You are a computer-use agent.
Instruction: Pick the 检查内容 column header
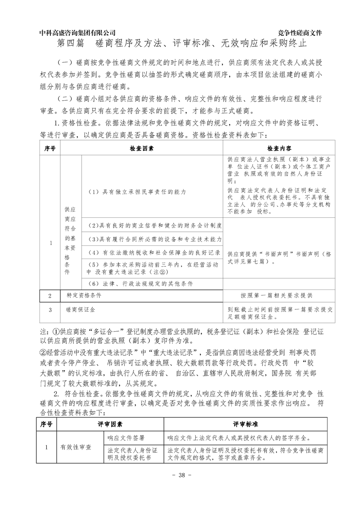(x=279, y=148)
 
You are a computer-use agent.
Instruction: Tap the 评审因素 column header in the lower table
(x=110, y=424)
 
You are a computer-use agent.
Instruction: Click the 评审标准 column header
(x=246, y=424)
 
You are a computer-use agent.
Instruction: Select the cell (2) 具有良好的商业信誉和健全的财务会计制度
(x=154, y=225)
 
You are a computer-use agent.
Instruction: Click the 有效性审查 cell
(x=76, y=447)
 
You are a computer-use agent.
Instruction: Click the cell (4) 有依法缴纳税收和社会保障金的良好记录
(x=154, y=252)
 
